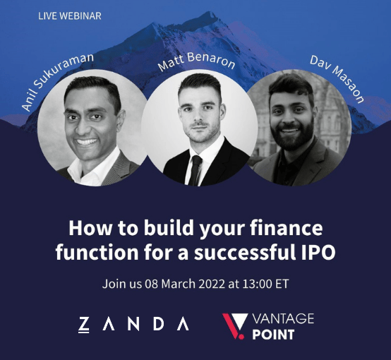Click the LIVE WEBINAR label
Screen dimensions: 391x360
pyautogui.click(x=70, y=16)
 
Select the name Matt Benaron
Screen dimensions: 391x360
pyautogui.click(x=196, y=61)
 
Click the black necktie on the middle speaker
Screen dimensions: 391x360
pyautogui.click(x=195, y=170)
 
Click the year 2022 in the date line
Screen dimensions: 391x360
pyautogui.click(x=212, y=284)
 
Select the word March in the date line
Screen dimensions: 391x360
pyautogui.click(x=178, y=284)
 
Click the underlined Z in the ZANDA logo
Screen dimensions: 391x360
pyautogui.click(x=84, y=325)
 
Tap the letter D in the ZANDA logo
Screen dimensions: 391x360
pyautogui.click(x=158, y=324)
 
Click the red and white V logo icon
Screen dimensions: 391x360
pyautogui.click(x=234, y=326)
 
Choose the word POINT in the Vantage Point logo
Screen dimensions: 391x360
pyautogui.click(x=273, y=335)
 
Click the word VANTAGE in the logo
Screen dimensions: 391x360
pyautogui.click(x=283, y=318)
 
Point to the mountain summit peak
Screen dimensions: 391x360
pyautogui.click(x=212, y=13)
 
